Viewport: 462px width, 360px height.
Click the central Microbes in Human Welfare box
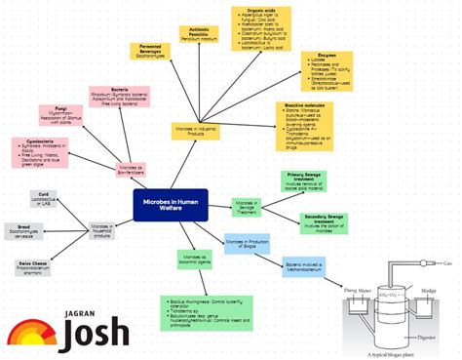point(171,205)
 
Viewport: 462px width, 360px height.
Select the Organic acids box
point(260,30)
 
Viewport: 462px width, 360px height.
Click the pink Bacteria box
point(121,96)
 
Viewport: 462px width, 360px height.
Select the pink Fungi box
point(69,118)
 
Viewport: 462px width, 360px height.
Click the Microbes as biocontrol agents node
point(195,259)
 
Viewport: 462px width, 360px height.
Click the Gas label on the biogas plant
point(447,264)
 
